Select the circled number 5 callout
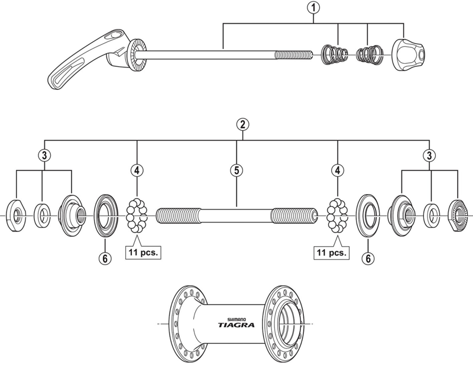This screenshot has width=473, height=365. click(236, 170)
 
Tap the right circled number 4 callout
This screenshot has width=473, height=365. click(338, 170)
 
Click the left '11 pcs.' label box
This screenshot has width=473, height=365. click(142, 253)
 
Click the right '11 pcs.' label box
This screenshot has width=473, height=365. click(332, 253)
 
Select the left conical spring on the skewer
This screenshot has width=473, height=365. click(334, 55)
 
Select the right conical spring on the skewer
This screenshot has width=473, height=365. click(372, 55)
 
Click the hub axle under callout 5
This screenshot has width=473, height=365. click(237, 215)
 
